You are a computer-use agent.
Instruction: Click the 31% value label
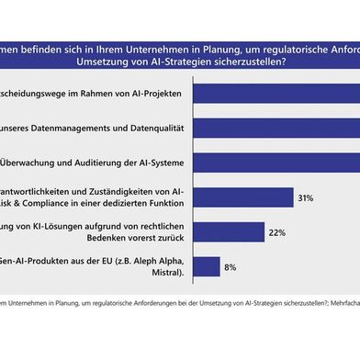[308, 197]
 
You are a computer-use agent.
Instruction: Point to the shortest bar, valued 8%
[208, 267]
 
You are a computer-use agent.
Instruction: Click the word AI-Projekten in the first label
[155, 93]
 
